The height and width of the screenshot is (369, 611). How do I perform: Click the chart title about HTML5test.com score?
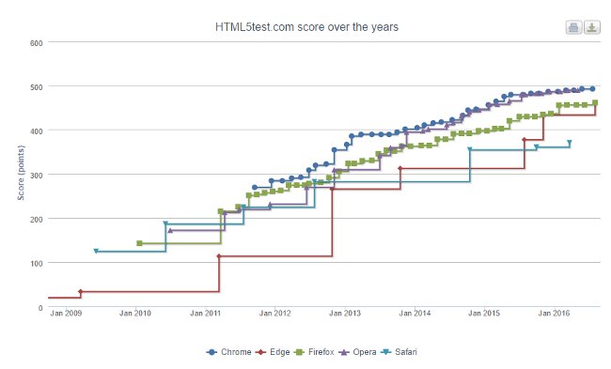[x=306, y=27]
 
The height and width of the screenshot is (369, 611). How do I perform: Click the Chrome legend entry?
[x=229, y=352]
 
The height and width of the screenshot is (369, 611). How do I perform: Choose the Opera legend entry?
[x=362, y=352]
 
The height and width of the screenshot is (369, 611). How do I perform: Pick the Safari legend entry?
[x=405, y=352]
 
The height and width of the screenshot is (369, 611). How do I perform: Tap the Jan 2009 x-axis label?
[x=67, y=314]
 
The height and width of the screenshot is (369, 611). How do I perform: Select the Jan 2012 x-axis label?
[x=275, y=314]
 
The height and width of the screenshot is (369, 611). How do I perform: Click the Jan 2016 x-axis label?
[x=555, y=314]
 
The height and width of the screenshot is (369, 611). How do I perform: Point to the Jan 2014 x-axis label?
[x=415, y=314]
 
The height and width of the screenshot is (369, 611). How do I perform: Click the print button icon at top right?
[x=573, y=27]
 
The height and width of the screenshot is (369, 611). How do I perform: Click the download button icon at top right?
[x=592, y=27]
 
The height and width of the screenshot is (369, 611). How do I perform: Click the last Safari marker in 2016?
[x=570, y=143]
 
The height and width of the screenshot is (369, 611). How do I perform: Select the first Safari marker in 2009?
[x=96, y=252]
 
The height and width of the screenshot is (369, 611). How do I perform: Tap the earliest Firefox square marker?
[x=139, y=243]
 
